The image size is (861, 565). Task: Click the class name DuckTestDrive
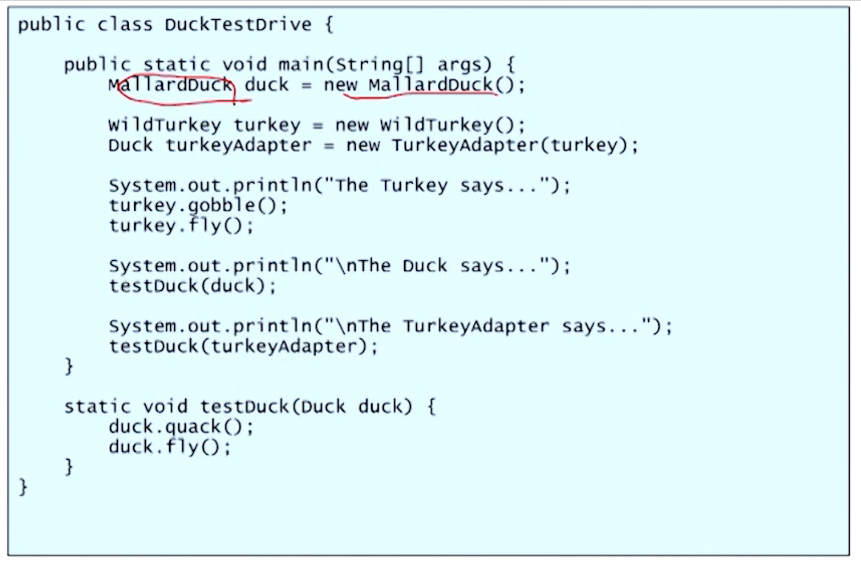238,25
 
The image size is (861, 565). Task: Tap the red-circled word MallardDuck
170,85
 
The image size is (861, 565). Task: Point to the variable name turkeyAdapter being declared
238,145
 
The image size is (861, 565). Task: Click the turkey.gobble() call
198,205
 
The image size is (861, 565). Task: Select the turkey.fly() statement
181,225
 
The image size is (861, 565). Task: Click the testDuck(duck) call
192,286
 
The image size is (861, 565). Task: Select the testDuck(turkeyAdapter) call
243,346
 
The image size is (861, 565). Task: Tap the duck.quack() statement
181,427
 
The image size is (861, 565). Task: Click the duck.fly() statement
170,447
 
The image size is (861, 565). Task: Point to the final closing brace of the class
23,487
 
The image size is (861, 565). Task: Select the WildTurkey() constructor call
452,125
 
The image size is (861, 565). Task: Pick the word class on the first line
125,25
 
